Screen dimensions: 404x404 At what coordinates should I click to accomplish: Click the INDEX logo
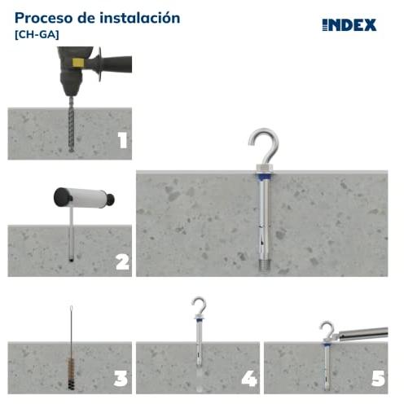[349, 25]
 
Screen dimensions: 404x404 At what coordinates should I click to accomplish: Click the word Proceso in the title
[44, 18]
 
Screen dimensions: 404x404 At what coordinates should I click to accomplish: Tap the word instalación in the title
[139, 18]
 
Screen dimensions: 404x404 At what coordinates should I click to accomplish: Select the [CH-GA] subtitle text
[37, 35]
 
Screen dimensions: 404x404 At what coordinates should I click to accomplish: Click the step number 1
[123, 141]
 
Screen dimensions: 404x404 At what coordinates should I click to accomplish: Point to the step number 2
[122, 262]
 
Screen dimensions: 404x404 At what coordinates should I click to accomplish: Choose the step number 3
[121, 379]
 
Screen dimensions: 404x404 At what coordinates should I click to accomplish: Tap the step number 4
[249, 378]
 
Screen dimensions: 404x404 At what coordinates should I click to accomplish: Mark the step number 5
[378, 379]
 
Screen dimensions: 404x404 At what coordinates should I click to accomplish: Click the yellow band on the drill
[77, 63]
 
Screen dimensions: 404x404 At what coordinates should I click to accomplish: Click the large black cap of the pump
[62, 197]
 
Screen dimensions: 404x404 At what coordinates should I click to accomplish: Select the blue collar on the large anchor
[263, 177]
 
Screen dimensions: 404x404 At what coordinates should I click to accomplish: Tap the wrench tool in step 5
[360, 334]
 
